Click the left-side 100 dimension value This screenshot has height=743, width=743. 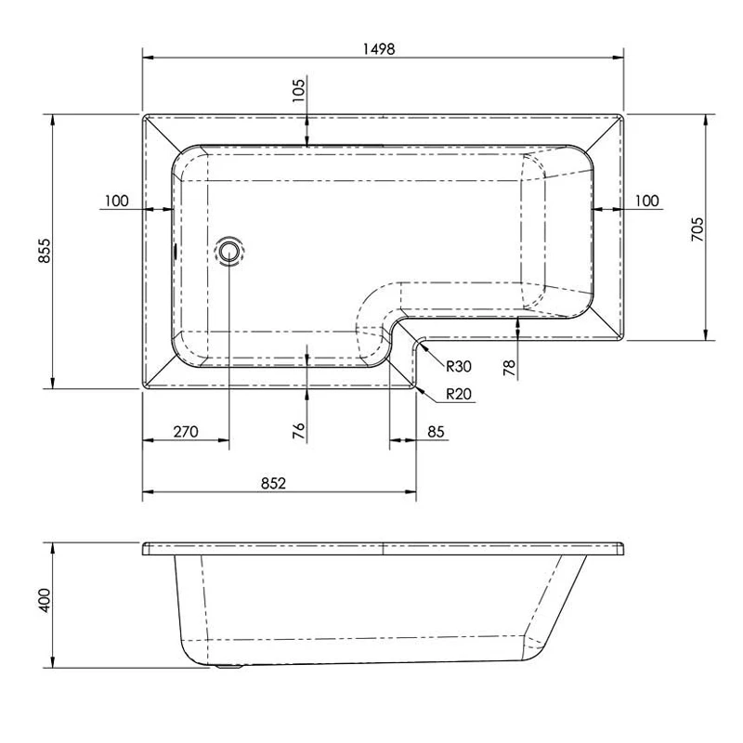pyautogui.click(x=116, y=201)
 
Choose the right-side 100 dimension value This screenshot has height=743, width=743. pyautogui.click(x=646, y=201)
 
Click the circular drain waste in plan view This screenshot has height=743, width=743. pyautogui.click(x=228, y=251)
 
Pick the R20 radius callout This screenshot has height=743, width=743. pyautogui.click(x=458, y=394)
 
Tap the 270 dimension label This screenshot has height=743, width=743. pyautogui.click(x=186, y=431)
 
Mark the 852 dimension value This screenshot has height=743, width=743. pyautogui.click(x=272, y=482)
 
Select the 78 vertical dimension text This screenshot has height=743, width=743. pyautogui.click(x=509, y=368)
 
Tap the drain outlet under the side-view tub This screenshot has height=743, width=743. pyautogui.click(x=228, y=664)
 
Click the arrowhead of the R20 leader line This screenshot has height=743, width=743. pyautogui.click(x=421, y=390)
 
